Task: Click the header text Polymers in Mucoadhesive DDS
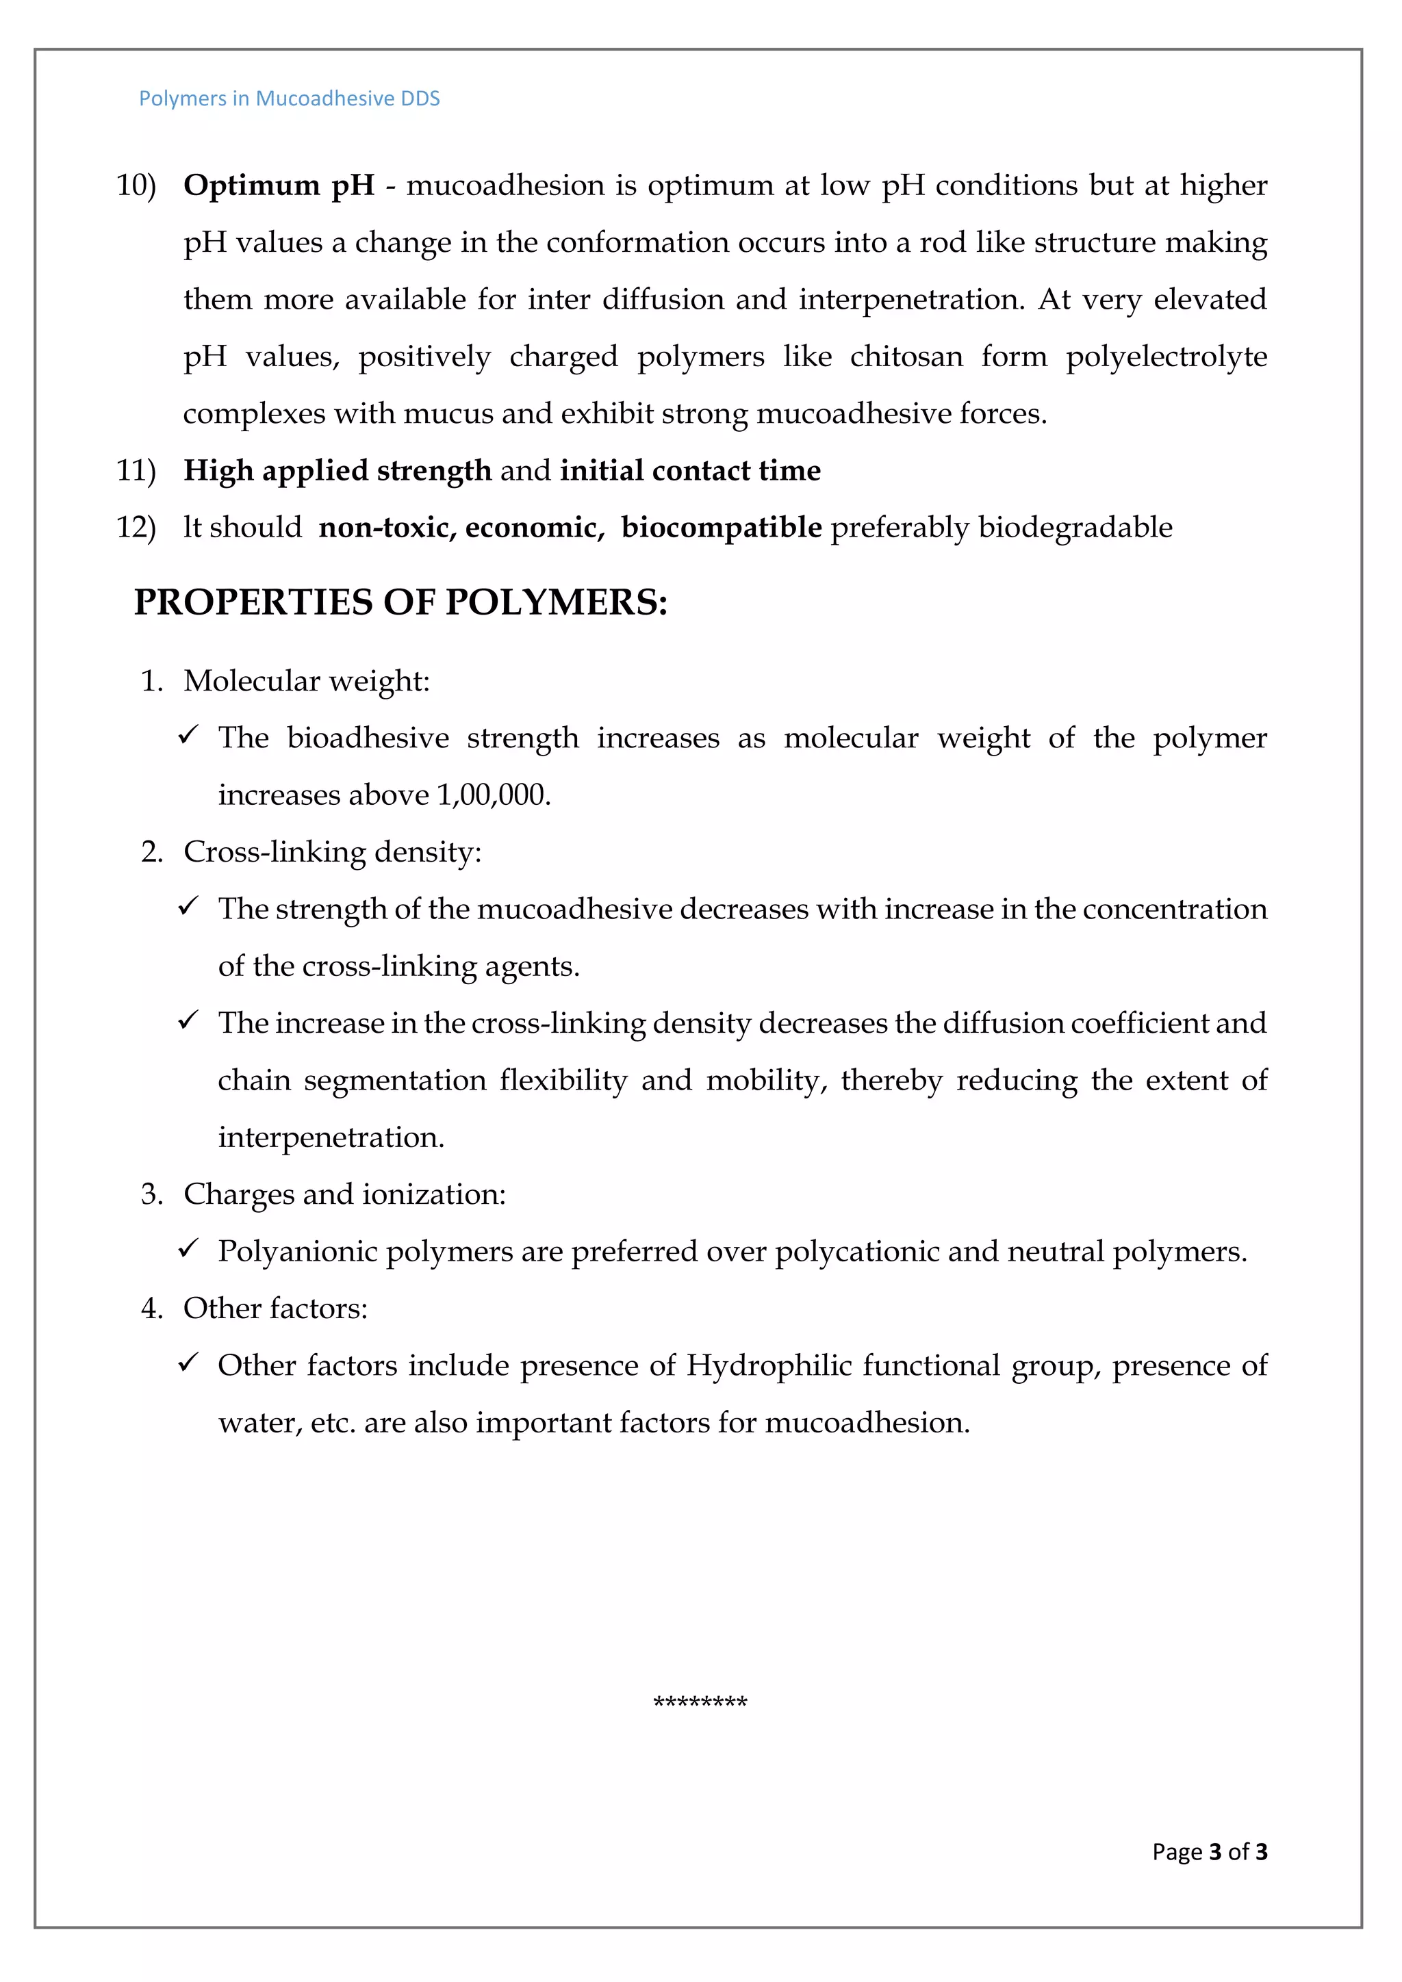click(x=289, y=99)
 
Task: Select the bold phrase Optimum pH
click(x=279, y=185)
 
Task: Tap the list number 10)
click(x=136, y=185)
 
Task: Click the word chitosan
click(x=906, y=357)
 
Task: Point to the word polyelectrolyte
click(x=1165, y=357)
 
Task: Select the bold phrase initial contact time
click(x=690, y=470)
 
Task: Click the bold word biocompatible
click(x=721, y=528)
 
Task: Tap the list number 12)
click(x=136, y=528)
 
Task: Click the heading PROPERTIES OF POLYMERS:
click(x=400, y=602)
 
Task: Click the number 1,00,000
click(x=493, y=795)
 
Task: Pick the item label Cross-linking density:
click(x=331, y=852)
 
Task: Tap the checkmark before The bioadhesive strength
click(x=188, y=736)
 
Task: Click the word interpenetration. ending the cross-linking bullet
click(x=331, y=1137)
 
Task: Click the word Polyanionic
click(x=297, y=1251)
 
